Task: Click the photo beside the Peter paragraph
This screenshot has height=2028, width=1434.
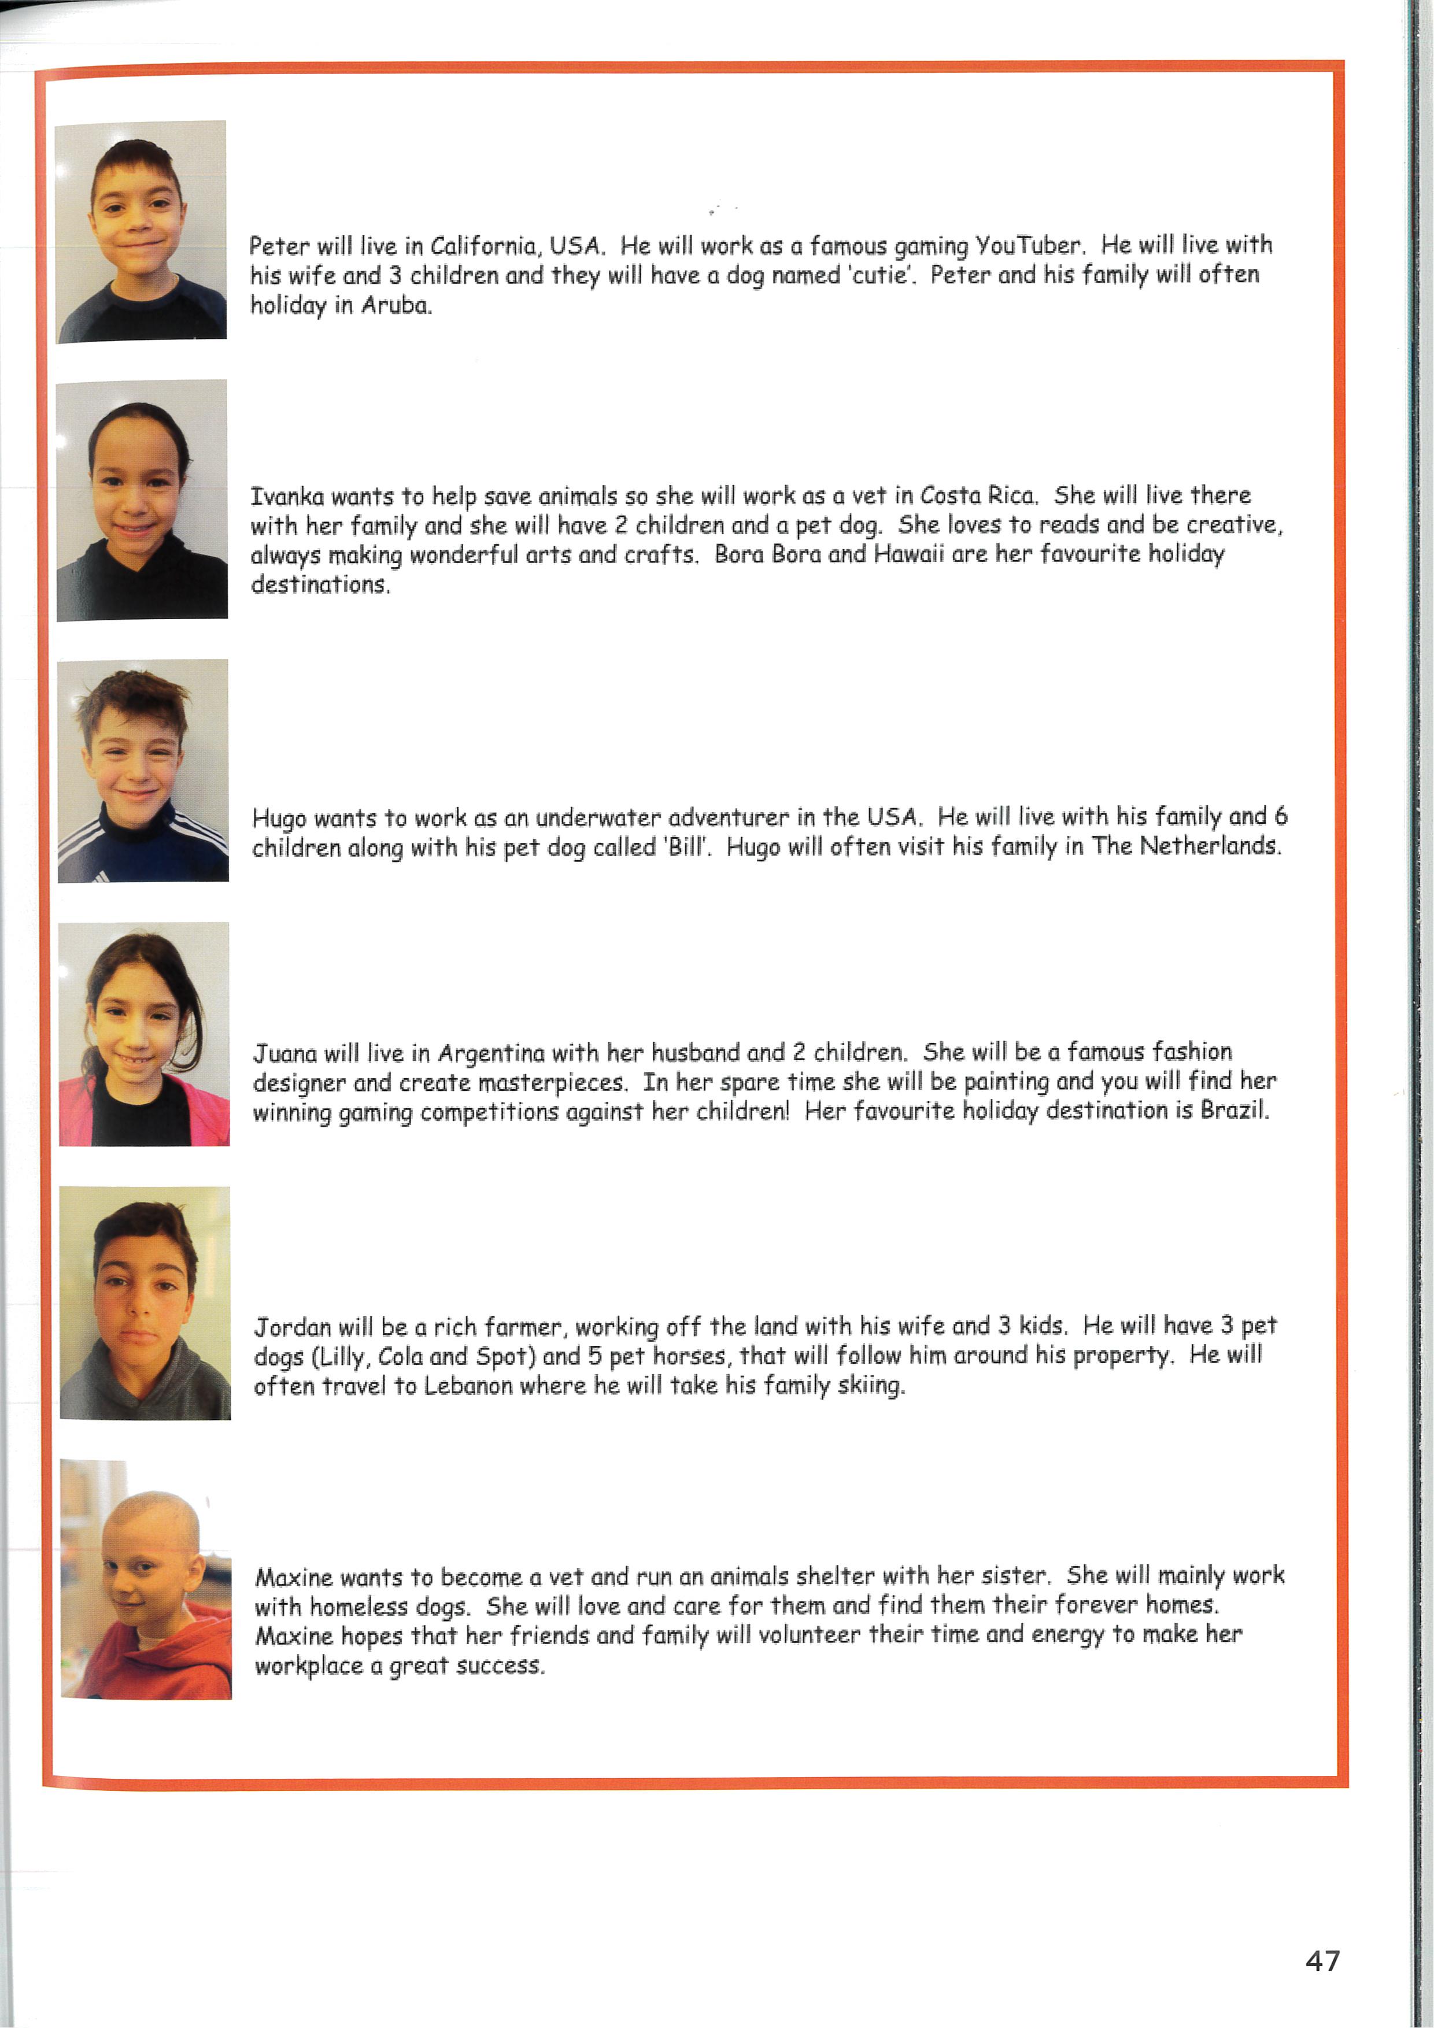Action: (141, 231)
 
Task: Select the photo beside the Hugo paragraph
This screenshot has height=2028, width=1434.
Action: (143, 770)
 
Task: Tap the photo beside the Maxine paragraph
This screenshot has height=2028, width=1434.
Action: (146, 1580)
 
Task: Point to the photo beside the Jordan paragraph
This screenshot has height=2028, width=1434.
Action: (145, 1303)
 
